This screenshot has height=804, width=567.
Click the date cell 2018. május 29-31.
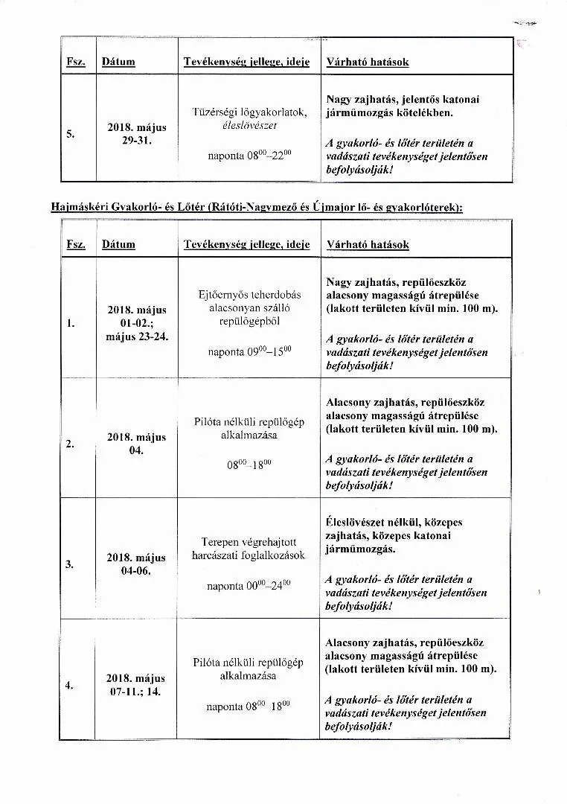click(135, 134)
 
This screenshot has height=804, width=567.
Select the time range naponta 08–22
click(239, 156)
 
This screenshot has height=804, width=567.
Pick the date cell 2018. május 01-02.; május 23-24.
click(137, 323)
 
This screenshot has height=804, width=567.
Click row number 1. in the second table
click(69, 324)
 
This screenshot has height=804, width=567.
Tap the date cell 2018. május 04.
click(136, 444)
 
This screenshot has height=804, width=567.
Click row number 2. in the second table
click(69, 444)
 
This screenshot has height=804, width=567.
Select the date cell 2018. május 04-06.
click(136, 564)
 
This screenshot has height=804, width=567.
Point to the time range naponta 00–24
click(239, 586)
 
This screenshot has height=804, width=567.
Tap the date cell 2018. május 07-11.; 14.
click(136, 685)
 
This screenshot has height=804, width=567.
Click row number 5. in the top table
click(69, 134)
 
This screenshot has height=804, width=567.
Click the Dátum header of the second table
click(118, 244)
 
